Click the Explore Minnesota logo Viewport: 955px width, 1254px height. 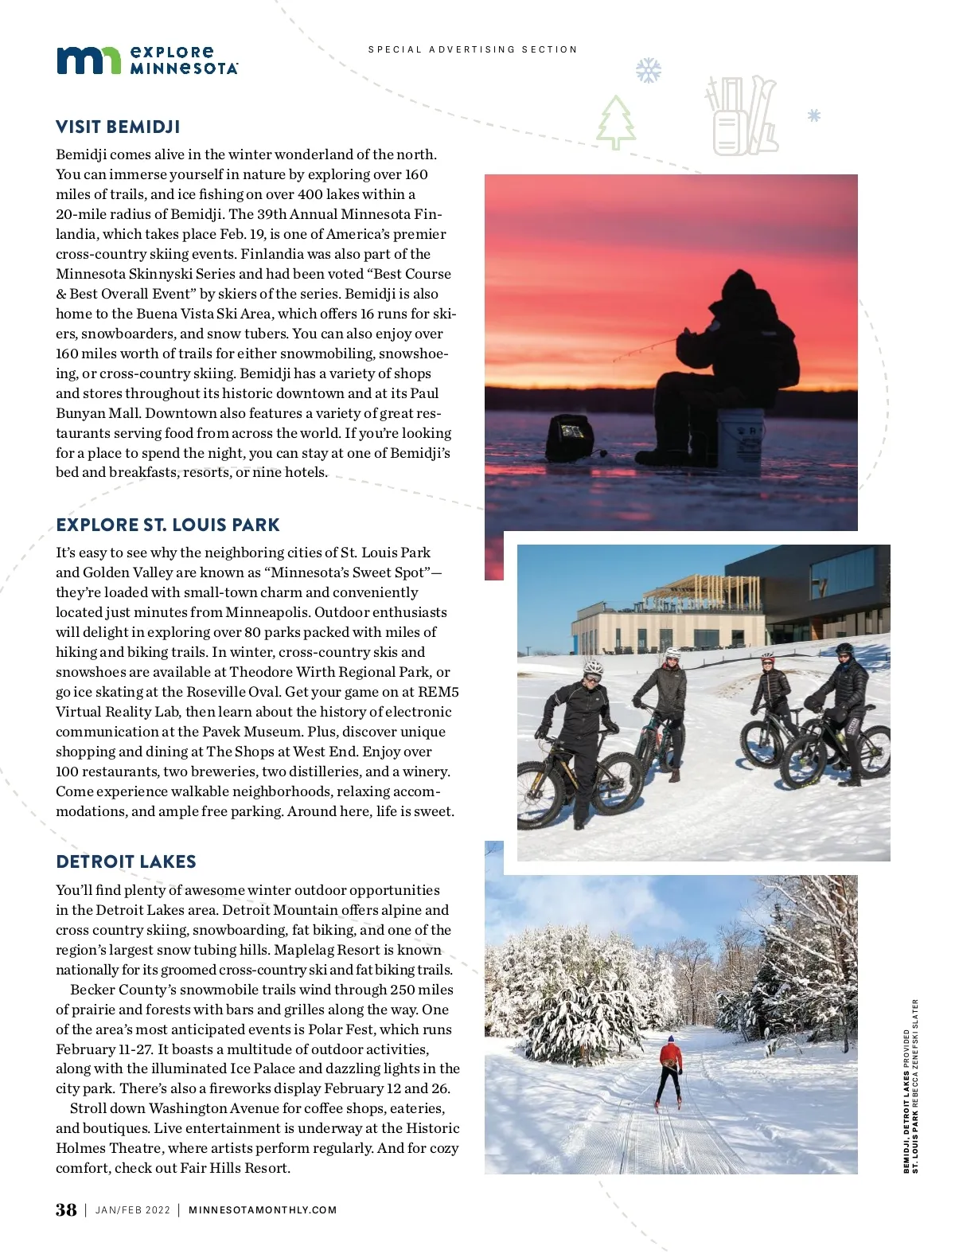pos(146,61)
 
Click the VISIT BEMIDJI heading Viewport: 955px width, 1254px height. pos(118,127)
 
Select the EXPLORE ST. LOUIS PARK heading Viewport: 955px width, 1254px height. pos(168,525)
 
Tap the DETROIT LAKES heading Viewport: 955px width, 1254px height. pos(126,862)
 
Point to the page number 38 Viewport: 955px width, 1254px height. pos(66,1209)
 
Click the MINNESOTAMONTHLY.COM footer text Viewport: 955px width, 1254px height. pos(263,1210)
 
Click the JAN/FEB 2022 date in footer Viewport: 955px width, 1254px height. pos(133,1210)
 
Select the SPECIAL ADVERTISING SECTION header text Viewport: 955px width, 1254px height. pos(473,49)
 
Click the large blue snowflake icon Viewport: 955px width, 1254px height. pos(649,71)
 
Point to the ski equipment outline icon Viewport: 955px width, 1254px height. pos(742,115)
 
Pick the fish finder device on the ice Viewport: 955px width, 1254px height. pos(570,436)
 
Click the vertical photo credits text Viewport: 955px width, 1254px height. pos(910,1086)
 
